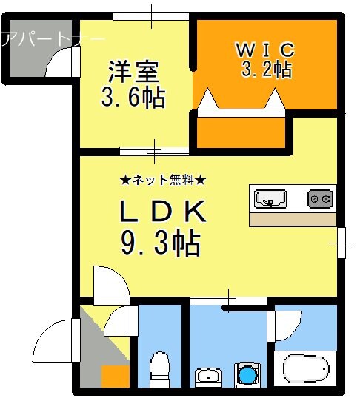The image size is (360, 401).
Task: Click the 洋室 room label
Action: [x=133, y=72]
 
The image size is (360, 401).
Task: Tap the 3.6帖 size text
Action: [x=133, y=96]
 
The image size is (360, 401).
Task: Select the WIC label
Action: [x=266, y=50]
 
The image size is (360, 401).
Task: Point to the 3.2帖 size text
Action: [x=266, y=70]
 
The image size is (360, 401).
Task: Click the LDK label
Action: [x=163, y=213]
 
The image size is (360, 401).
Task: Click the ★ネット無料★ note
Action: [x=163, y=180]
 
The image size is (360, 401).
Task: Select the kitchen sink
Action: [x=270, y=198]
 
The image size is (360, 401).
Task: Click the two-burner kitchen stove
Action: [x=321, y=198]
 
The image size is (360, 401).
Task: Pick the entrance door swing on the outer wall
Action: [x=58, y=341]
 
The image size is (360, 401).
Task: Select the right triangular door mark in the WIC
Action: [x=275, y=99]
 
